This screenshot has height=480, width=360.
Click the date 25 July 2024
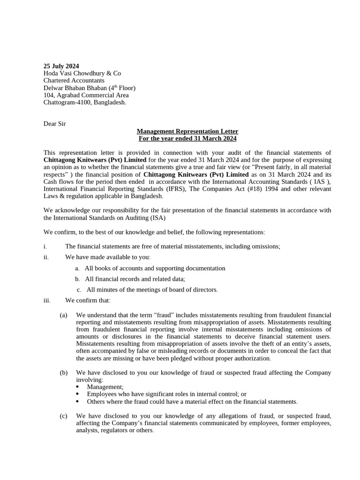click(x=61, y=66)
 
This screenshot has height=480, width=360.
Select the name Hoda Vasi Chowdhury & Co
click(x=82, y=73)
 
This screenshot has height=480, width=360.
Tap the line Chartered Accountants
click(x=74, y=80)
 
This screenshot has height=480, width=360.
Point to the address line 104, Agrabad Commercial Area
click(x=86, y=95)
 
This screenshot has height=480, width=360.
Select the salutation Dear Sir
click(x=55, y=124)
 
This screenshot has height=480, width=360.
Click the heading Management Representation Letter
click(x=187, y=131)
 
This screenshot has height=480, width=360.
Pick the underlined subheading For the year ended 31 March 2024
click(x=187, y=139)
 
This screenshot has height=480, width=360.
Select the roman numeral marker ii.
click(x=46, y=257)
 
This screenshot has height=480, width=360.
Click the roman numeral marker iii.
click(x=47, y=300)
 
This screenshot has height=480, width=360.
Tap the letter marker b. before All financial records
click(x=77, y=279)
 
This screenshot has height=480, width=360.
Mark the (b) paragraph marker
click(x=64, y=373)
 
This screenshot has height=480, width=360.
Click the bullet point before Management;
click(x=77, y=387)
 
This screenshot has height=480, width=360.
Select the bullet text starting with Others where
click(x=192, y=402)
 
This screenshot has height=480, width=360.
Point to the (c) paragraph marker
click(x=64, y=416)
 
